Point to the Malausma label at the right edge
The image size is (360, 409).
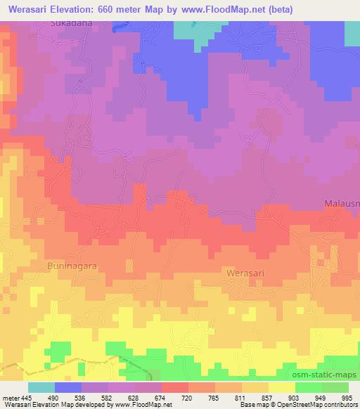[x=342, y=203]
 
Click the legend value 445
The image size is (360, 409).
[x=27, y=398]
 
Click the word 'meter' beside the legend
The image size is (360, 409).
[x=10, y=398]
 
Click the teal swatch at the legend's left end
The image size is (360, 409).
[x=41, y=387]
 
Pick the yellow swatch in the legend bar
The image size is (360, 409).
[x=282, y=387]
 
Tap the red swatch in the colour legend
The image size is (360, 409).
[x=175, y=387]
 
